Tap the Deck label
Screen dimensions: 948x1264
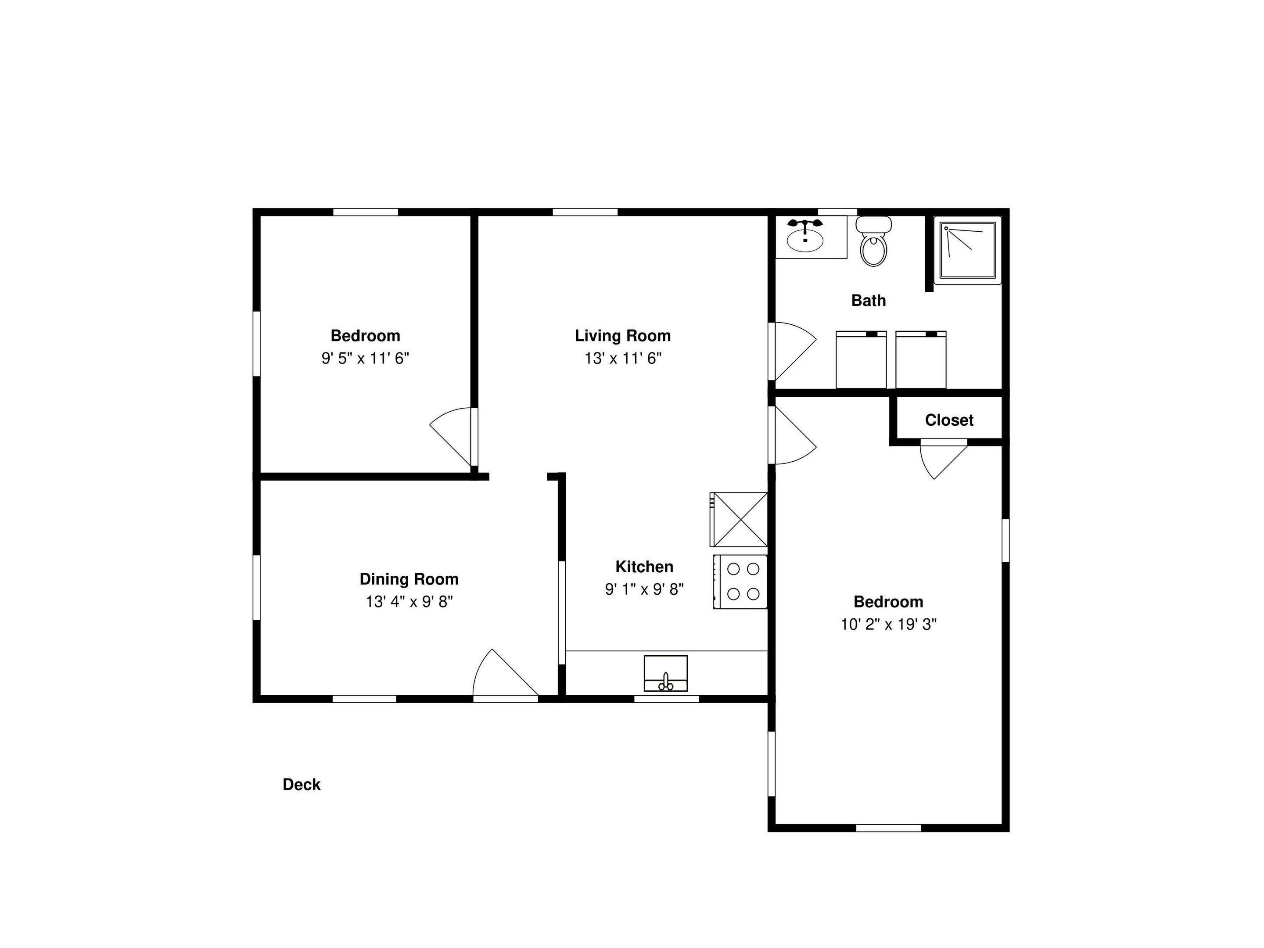coord(301,785)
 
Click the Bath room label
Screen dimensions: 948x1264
coord(868,300)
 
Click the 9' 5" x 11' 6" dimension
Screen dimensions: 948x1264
coord(365,358)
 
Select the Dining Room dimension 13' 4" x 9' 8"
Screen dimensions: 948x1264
coord(409,602)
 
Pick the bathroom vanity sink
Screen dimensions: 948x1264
coord(806,237)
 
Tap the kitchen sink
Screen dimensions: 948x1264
coord(665,674)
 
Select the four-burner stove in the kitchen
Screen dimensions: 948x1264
coord(740,582)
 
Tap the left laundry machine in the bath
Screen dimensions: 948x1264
coord(861,360)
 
